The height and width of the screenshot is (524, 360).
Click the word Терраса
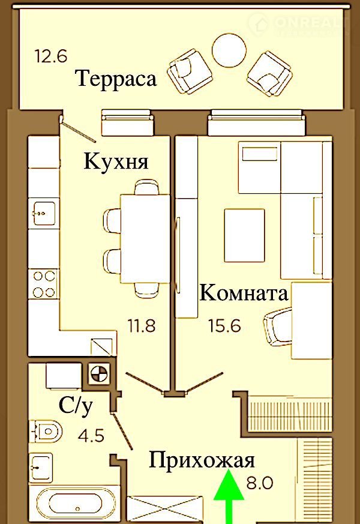[x=116, y=79]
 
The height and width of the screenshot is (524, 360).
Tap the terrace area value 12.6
[x=51, y=56]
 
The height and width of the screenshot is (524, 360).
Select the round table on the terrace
[x=229, y=50]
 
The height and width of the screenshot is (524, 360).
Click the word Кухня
[x=116, y=161]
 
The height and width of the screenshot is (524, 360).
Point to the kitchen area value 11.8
[x=142, y=325]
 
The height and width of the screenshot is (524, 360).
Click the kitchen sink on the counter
[x=44, y=213]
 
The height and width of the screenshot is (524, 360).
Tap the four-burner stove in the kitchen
[x=44, y=284]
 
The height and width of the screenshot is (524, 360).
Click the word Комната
[x=244, y=293]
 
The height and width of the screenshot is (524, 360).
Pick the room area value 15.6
[x=225, y=325]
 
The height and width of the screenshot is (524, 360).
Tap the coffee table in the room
[x=244, y=235]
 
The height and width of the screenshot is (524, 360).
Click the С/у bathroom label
[x=76, y=406]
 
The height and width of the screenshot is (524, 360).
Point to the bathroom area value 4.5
[x=91, y=436]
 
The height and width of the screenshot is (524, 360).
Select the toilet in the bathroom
[x=46, y=431]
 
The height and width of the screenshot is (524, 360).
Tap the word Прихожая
[x=202, y=461]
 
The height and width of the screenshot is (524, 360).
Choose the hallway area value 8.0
[x=260, y=483]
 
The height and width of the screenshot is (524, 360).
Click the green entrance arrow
[x=229, y=496]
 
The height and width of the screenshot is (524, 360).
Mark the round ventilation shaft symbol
[x=99, y=373]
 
